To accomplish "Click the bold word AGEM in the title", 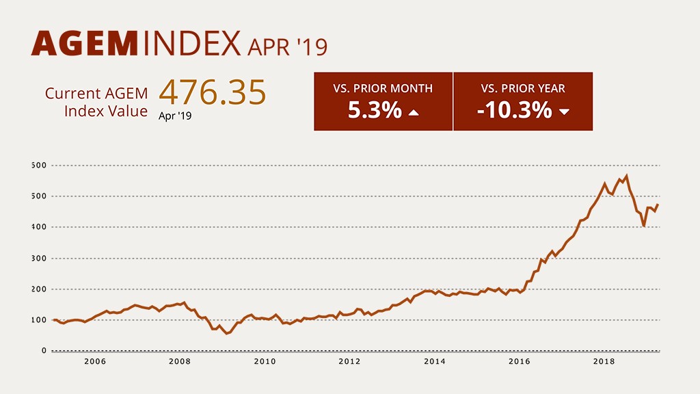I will [x=85, y=44].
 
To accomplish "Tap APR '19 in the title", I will [x=288, y=47].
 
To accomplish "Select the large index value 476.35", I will [x=212, y=92].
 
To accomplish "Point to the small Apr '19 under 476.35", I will [x=175, y=116].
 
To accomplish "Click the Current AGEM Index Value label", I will [x=96, y=102].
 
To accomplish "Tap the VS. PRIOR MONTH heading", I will [x=383, y=88].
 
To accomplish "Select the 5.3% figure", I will [x=375, y=109].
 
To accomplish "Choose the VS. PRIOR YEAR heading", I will [x=523, y=88].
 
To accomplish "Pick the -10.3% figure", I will [x=514, y=109].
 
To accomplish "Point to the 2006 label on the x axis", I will [x=95, y=362].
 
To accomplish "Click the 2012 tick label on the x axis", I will [x=350, y=362].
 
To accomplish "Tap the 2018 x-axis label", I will [x=603, y=362].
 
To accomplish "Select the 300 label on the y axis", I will [x=38, y=259].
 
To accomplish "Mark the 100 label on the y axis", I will [x=38, y=320].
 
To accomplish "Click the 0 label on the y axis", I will [x=44, y=351].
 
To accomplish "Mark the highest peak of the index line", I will [x=626, y=176].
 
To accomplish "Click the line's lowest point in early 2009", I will [x=226, y=334].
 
